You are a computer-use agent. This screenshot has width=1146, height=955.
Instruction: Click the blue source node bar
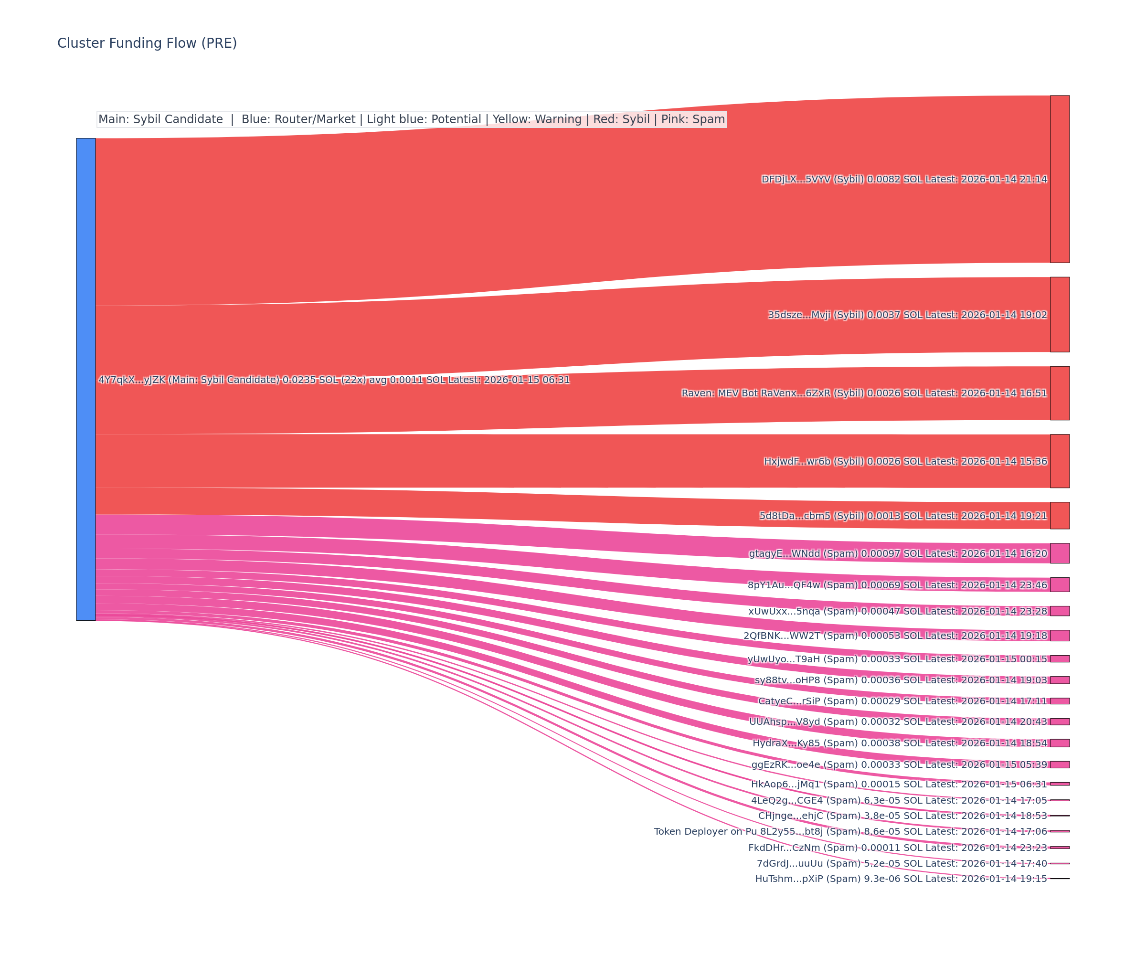tap(85, 379)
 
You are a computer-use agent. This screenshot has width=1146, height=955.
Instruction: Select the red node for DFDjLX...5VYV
tap(1060, 179)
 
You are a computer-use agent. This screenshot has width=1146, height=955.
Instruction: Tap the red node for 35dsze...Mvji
tap(1060, 314)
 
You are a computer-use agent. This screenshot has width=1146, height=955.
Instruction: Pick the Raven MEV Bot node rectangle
tap(1060, 393)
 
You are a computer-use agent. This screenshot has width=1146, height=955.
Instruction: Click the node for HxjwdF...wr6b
tap(1060, 461)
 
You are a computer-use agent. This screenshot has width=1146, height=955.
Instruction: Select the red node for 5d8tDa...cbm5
tap(1060, 516)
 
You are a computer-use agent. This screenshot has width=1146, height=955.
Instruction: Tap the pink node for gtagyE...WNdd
tap(1060, 553)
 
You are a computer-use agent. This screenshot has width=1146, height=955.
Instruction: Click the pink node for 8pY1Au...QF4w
tap(1060, 584)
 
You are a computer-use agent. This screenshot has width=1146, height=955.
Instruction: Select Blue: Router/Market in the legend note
tap(298, 119)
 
